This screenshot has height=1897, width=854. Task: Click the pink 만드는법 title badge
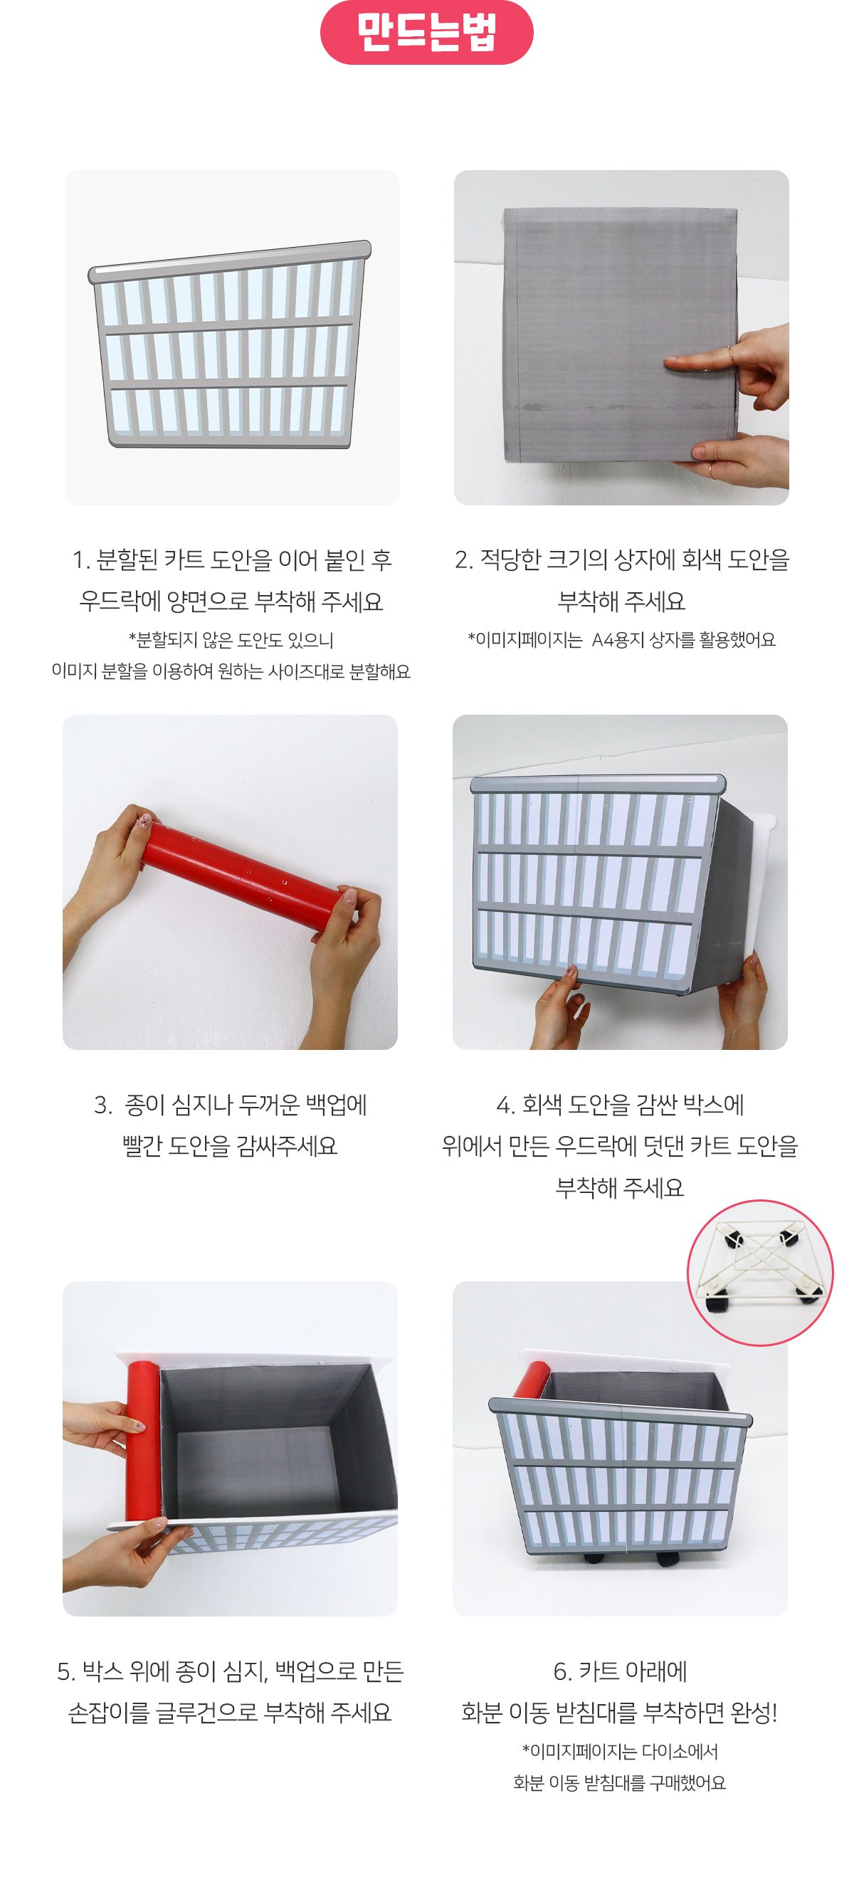click(x=426, y=33)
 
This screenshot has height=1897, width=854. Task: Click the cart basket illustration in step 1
click(x=230, y=344)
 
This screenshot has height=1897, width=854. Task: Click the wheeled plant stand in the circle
click(x=761, y=1272)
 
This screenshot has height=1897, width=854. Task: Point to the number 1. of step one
click(x=80, y=560)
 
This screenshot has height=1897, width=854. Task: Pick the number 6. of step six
click(x=563, y=1672)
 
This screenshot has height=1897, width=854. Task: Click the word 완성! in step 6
click(x=753, y=1713)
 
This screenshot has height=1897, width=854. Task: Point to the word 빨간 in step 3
click(x=142, y=1146)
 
